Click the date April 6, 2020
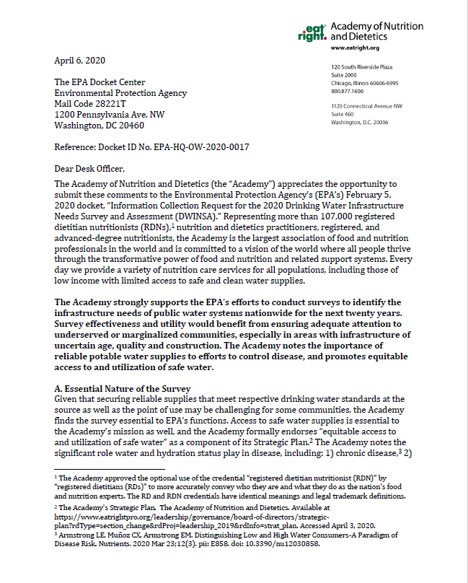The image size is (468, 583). pyautogui.click(x=81, y=60)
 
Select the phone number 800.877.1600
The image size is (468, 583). pyautogui.click(x=348, y=92)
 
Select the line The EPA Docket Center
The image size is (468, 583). pyautogui.click(x=100, y=82)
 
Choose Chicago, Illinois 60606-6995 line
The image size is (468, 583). pyautogui.click(x=365, y=83)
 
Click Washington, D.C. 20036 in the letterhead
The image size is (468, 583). pyautogui.click(x=359, y=123)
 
